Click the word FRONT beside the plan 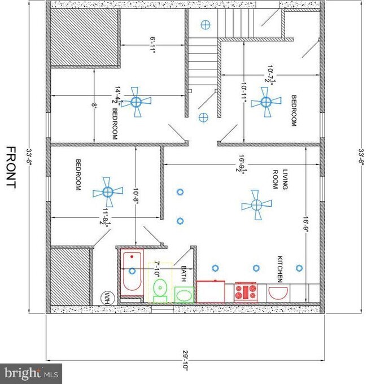click(11, 167)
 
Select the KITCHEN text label click(279, 269)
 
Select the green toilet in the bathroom click(159, 288)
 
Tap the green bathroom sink click(183, 294)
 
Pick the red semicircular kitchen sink click(277, 293)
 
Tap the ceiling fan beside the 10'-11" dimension click(265, 102)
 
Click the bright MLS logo click(32, 373)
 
